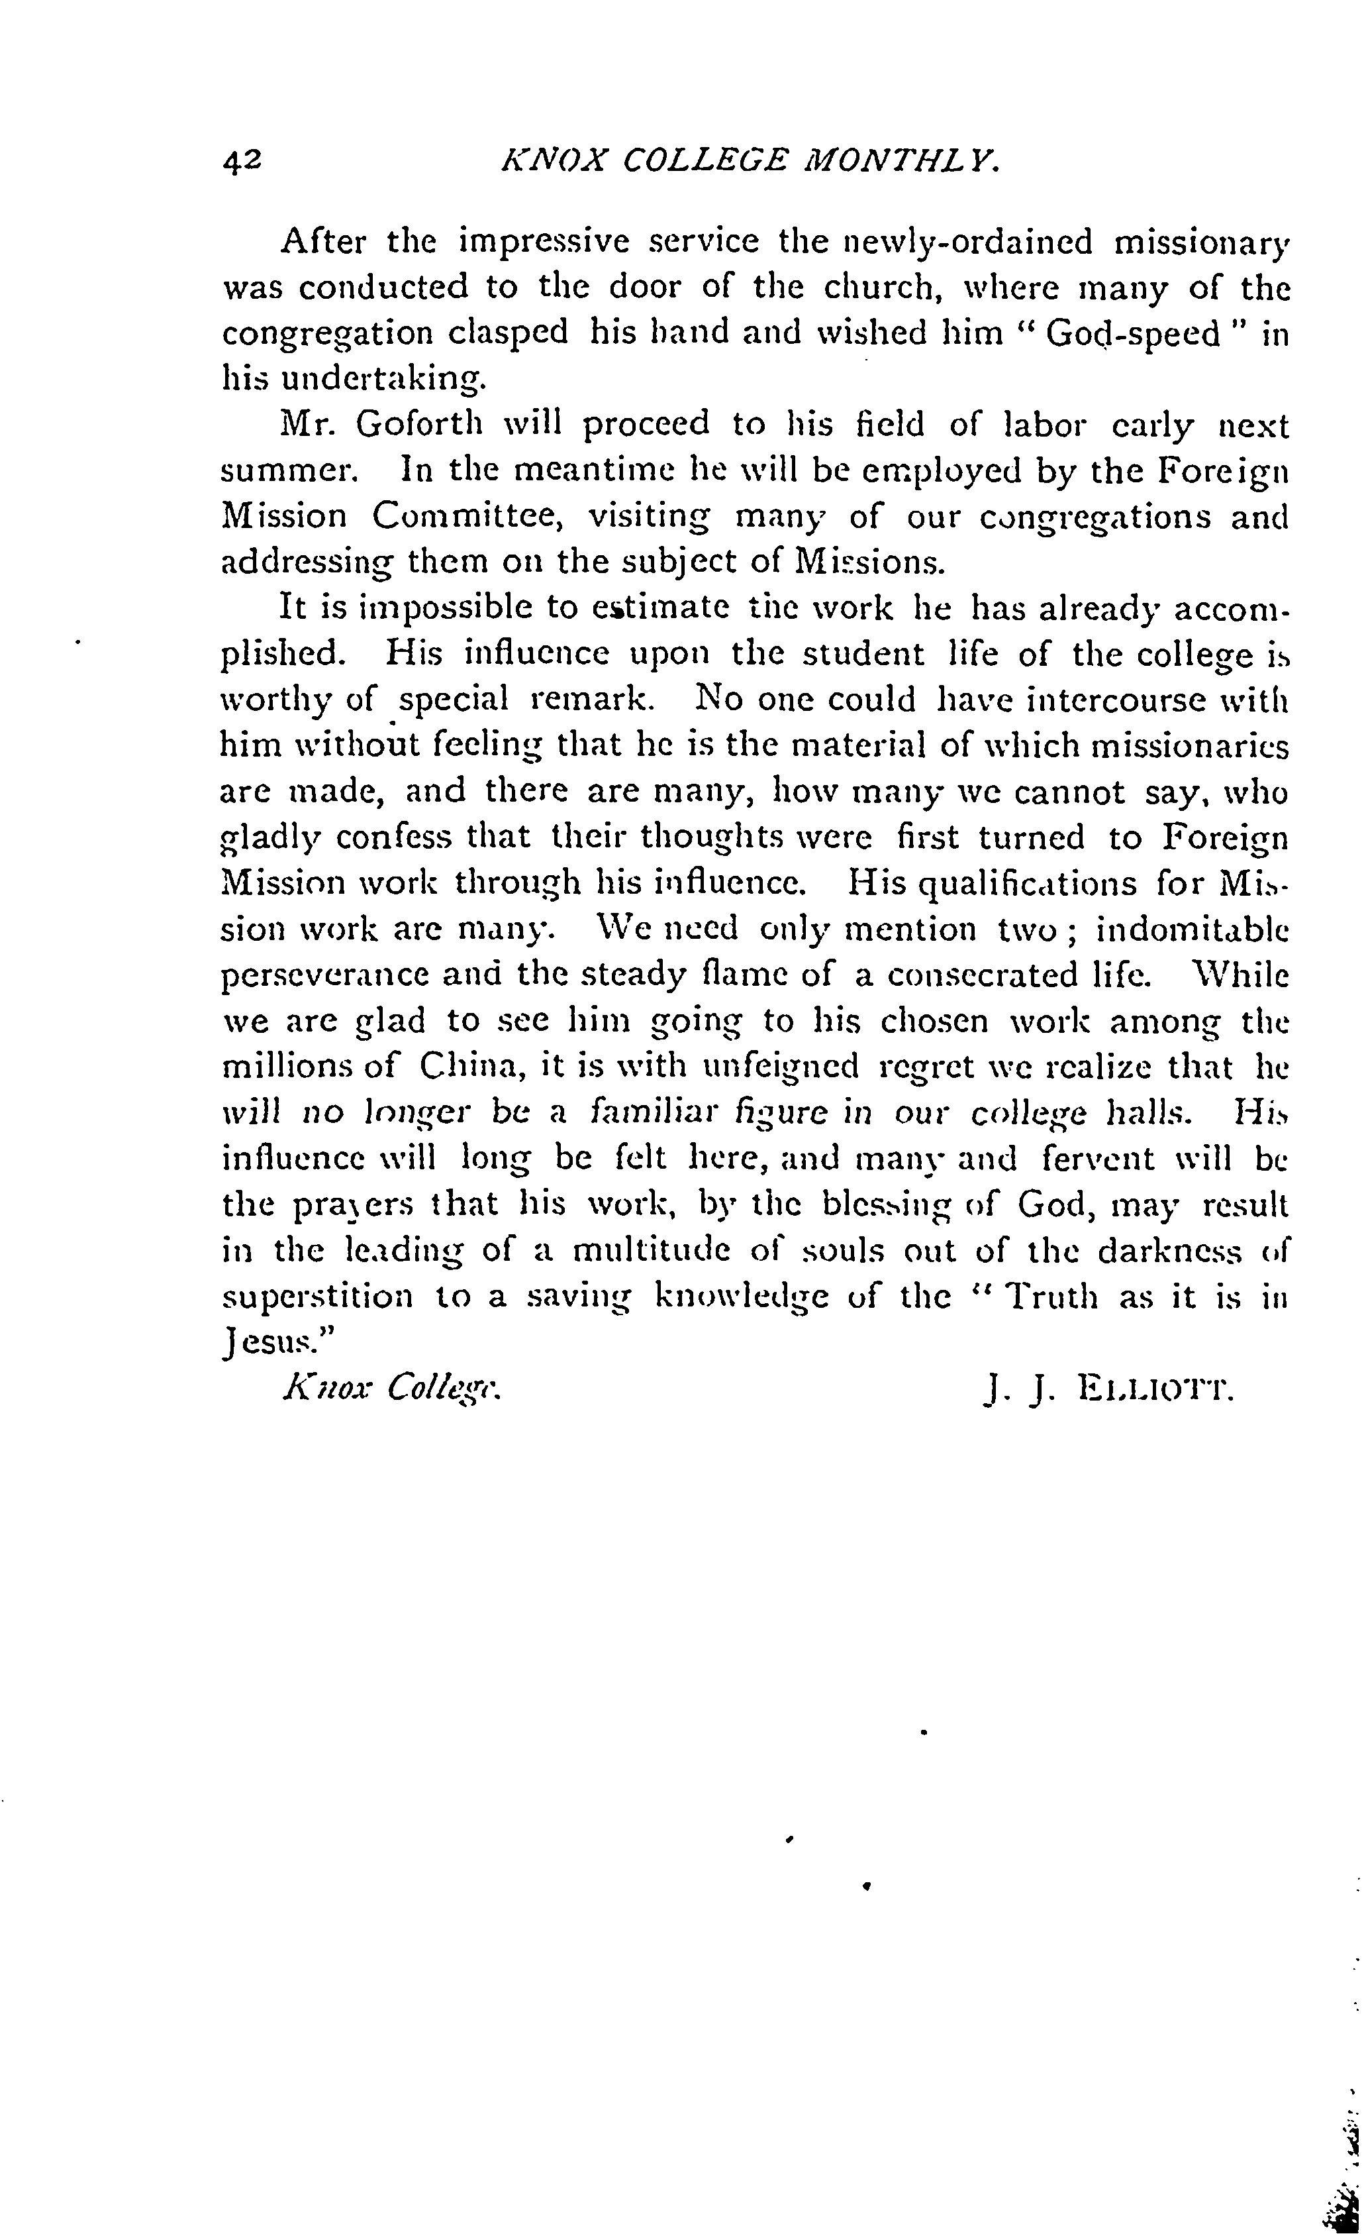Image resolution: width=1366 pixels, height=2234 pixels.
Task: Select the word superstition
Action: click(x=317, y=1297)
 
